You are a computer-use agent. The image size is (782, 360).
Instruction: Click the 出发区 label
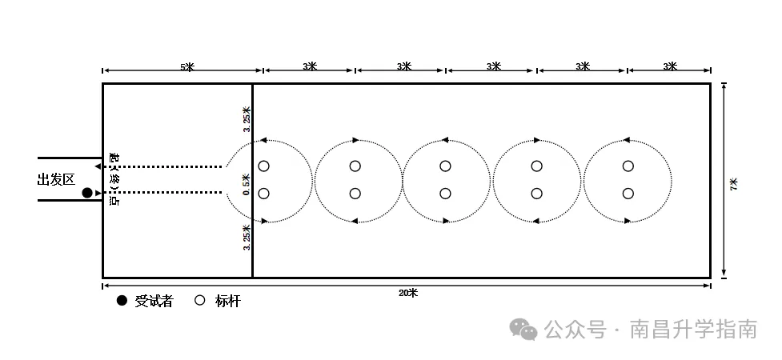tap(56, 179)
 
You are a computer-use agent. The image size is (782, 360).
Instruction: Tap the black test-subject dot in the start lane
tap(87, 193)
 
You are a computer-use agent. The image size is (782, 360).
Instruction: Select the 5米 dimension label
tap(187, 67)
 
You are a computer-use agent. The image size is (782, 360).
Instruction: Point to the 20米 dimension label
tap(408, 293)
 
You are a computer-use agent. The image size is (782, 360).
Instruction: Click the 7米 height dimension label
tap(734, 183)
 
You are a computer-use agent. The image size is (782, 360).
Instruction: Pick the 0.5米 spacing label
tap(246, 184)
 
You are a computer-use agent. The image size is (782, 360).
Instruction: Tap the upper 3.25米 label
tap(247, 119)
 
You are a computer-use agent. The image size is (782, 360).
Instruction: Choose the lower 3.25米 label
tap(247, 238)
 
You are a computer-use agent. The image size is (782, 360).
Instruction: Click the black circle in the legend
tap(122, 301)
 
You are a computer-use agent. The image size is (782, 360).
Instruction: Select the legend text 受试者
tap(154, 301)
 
